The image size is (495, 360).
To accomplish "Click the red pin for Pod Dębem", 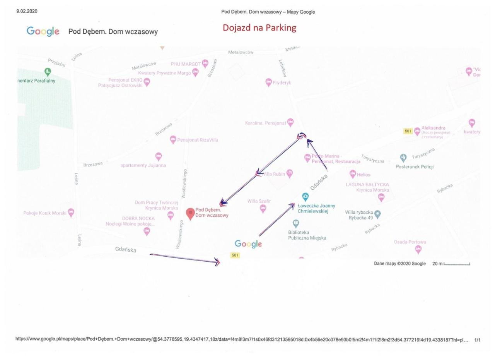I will click(x=190, y=213).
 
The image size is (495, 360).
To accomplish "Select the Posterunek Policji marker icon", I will click(x=403, y=158).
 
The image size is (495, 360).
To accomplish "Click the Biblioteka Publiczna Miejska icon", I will click(x=296, y=223).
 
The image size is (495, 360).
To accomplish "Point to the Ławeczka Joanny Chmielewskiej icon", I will click(x=305, y=196).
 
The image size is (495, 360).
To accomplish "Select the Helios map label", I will click(x=364, y=175).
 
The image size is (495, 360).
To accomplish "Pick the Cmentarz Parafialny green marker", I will click(x=48, y=71).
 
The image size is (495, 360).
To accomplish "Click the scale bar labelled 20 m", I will click(x=457, y=264).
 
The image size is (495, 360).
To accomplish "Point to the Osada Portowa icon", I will click(x=418, y=249).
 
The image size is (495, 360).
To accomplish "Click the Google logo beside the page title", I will click(x=43, y=31).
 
